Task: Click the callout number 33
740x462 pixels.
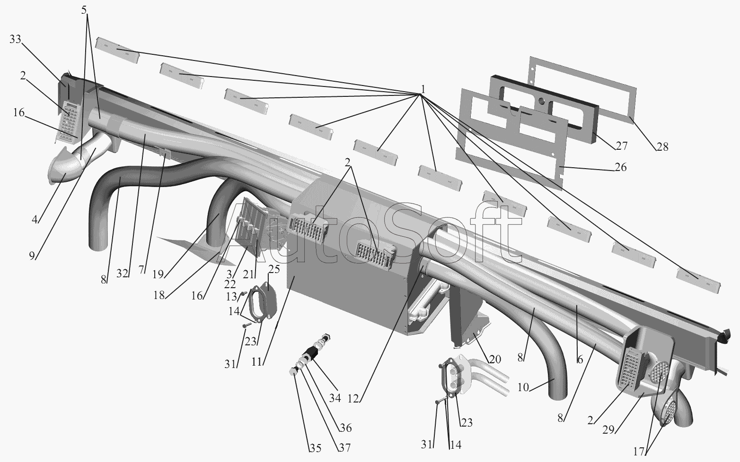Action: point(15,40)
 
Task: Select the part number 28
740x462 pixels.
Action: point(662,146)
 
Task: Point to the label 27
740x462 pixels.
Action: point(621,146)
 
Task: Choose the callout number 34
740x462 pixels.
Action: point(335,398)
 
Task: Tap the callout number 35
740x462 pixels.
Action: point(315,448)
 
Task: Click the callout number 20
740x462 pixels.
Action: point(494,359)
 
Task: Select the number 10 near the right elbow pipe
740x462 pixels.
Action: point(523,387)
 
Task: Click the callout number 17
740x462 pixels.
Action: point(638,452)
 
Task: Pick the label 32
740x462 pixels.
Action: point(123,273)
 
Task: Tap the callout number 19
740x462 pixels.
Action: point(158,273)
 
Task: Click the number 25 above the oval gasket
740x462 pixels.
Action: point(274,270)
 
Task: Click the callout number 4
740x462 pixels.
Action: point(34,219)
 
